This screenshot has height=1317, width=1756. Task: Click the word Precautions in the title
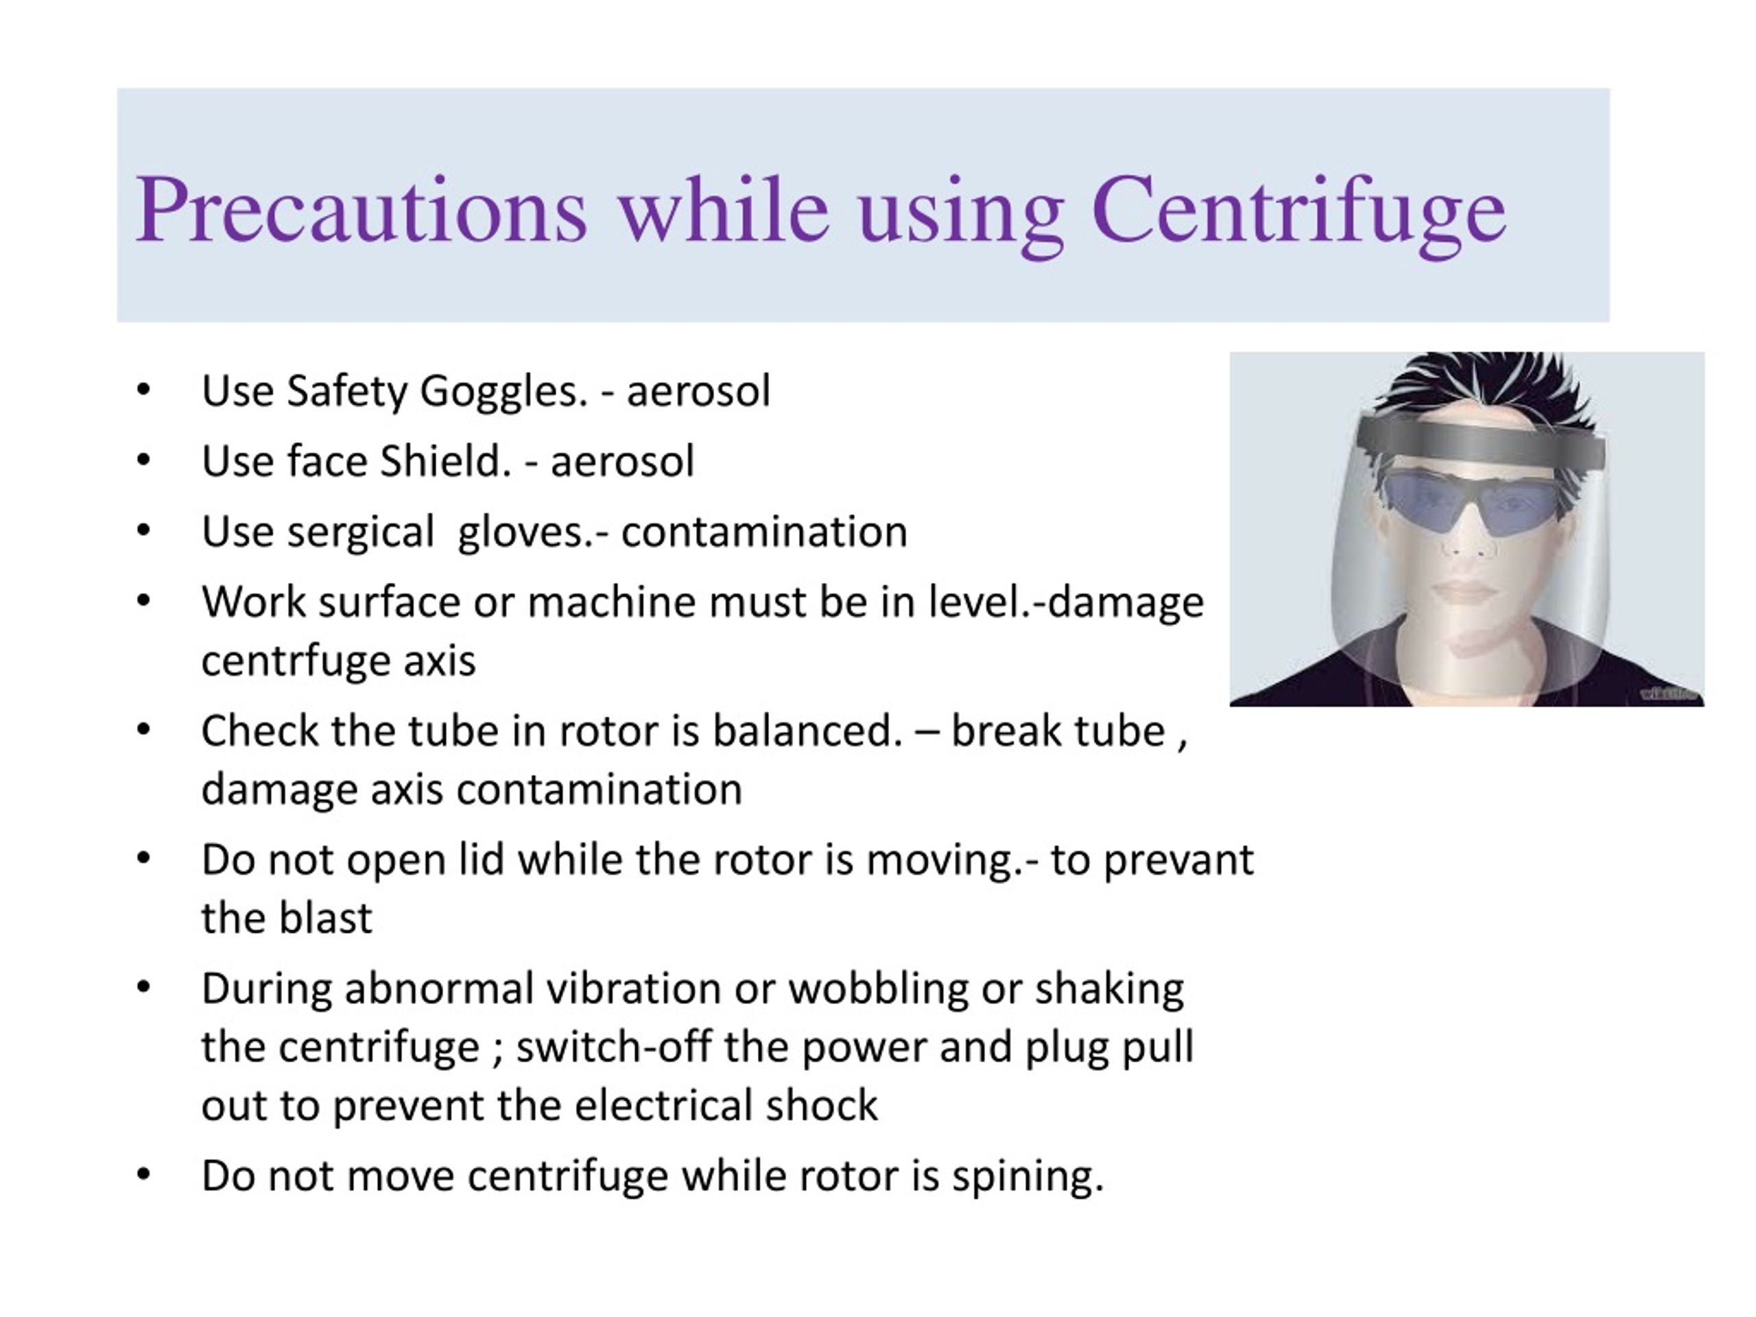361,210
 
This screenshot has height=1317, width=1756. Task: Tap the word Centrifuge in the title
1298,210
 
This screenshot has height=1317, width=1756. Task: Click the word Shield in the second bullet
445,461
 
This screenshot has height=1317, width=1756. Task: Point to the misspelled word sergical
360,532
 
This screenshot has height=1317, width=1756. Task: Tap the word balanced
807,731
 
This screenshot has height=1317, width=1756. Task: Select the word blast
326,918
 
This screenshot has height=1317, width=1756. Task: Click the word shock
822,1105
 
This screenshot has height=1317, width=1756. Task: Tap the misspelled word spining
1028,1176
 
